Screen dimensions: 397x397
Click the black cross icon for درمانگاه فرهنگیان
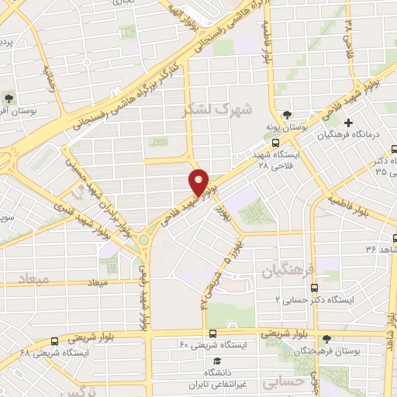349,123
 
